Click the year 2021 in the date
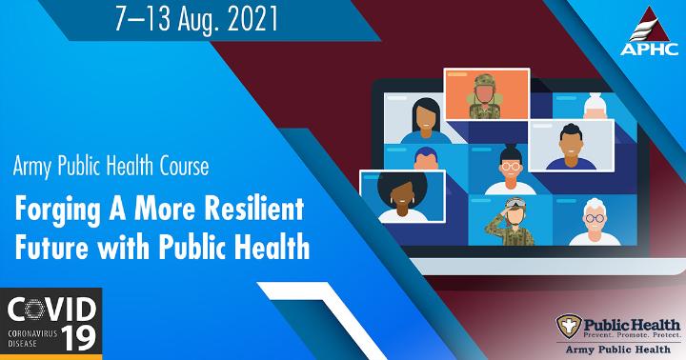click(252, 19)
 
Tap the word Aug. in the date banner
click(198, 21)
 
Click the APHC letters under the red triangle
click(649, 49)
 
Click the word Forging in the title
click(57, 210)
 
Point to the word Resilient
click(254, 209)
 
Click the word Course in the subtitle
click(184, 167)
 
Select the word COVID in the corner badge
click(51, 309)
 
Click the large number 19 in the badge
click(79, 338)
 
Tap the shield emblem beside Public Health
click(569, 326)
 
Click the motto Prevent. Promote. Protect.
click(633, 335)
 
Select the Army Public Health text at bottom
click(617, 350)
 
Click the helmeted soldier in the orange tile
click(484, 97)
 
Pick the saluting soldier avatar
click(510, 222)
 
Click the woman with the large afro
click(402, 196)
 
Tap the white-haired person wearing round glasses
click(595, 222)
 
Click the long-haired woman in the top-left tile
click(426, 121)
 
